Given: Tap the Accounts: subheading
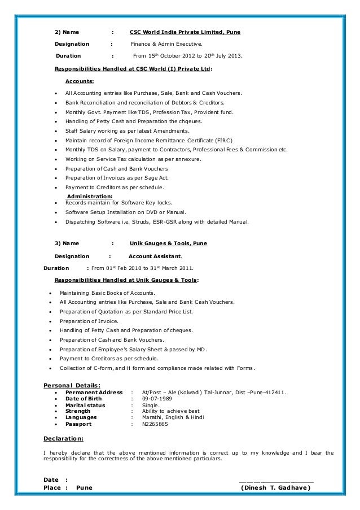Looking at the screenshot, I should pyautogui.click(x=80, y=81).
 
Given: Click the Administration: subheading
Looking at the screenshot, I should pyautogui.click(x=90, y=196).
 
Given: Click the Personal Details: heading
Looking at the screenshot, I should pyautogui.click(x=73, y=386).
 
